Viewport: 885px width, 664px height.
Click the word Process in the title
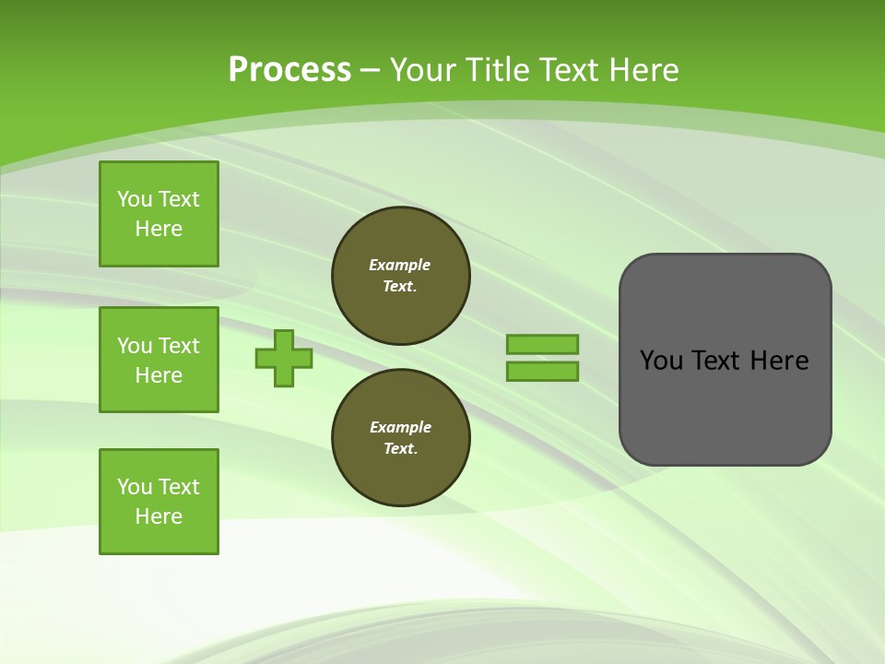pos(289,69)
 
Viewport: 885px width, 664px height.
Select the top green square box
pos(159,214)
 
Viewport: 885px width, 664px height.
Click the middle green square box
pos(159,360)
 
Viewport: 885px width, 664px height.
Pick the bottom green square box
pos(159,502)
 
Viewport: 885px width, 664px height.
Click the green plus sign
pos(284,358)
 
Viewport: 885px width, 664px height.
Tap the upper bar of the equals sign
pos(543,344)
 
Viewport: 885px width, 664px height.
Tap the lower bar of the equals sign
pos(543,371)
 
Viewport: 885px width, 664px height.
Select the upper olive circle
pos(401,276)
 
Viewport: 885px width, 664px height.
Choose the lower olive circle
pos(401,438)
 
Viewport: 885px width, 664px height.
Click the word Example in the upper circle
pos(399,265)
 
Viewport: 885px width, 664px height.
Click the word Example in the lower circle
pos(400,427)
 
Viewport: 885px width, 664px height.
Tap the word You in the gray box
pos(662,361)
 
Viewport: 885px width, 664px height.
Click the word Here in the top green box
pos(159,229)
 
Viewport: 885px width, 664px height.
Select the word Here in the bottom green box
pos(159,516)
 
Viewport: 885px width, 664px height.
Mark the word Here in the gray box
pos(779,361)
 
